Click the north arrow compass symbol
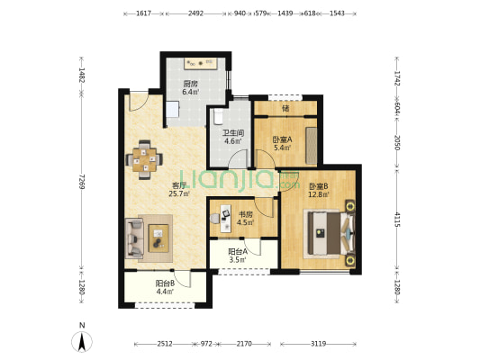click(82, 341)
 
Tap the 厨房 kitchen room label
click(190, 84)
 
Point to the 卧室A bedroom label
click(282, 139)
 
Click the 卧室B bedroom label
click(319, 186)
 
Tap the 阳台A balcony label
click(238, 252)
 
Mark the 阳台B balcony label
click(165, 283)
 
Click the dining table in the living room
click(144, 159)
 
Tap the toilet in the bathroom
click(218, 117)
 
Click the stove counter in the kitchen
click(201, 64)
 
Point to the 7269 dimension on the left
click(81, 182)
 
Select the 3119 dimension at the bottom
click(319, 344)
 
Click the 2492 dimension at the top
click(196, 13)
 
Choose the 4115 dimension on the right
click(397, 220)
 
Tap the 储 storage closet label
click(285, 108)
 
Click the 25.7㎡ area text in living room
click(179, 193)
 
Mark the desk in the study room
click(226, 219)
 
